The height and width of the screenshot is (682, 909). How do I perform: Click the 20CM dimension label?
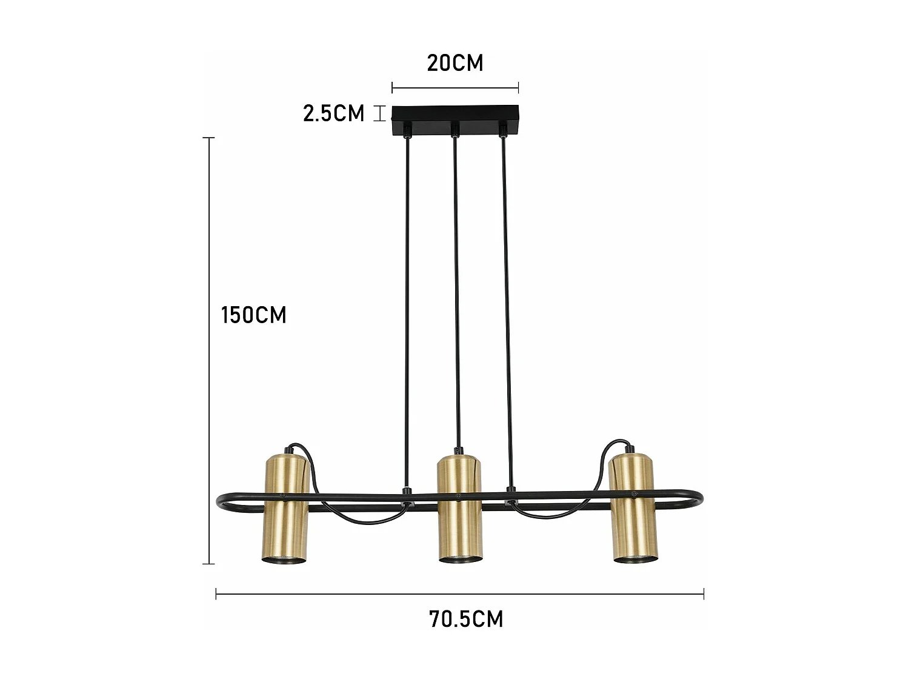point(455,63)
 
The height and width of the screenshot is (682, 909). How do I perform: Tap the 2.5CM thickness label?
point(334,113)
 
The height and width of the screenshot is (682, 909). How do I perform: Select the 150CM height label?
point(253,315)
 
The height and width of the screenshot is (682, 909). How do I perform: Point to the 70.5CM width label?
point(466,619)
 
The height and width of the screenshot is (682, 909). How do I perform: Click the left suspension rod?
point(407,303)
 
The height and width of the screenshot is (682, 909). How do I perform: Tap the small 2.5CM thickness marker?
point(379,113)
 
